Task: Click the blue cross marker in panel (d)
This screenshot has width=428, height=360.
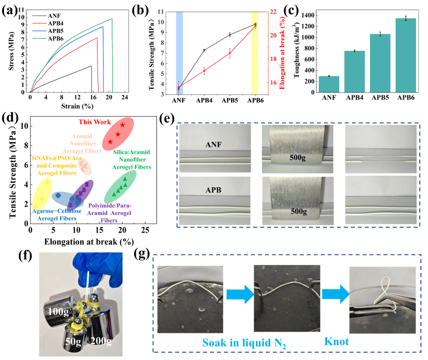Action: tap(58, 195)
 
